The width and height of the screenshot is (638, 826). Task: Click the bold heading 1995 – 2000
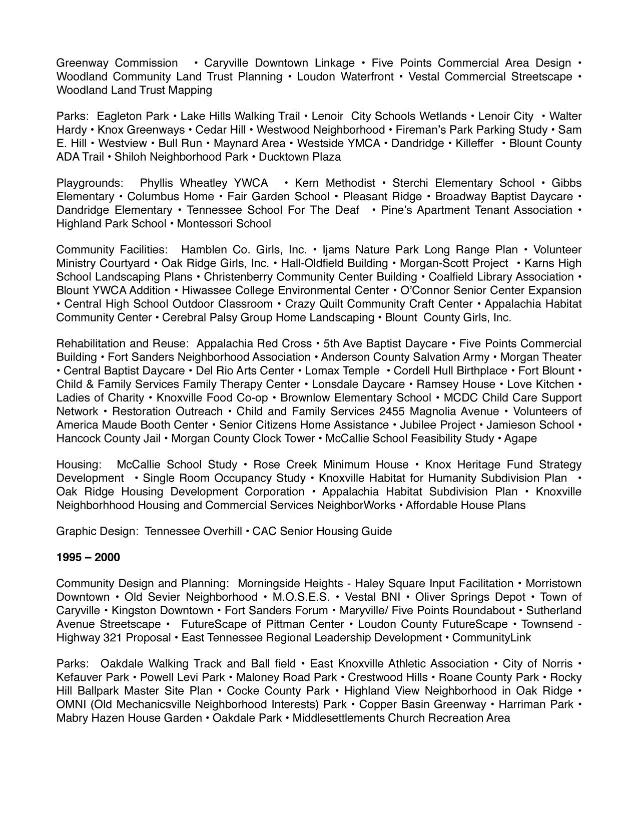coord(88,558)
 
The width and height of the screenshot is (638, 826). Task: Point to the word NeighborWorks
coord(356,506)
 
